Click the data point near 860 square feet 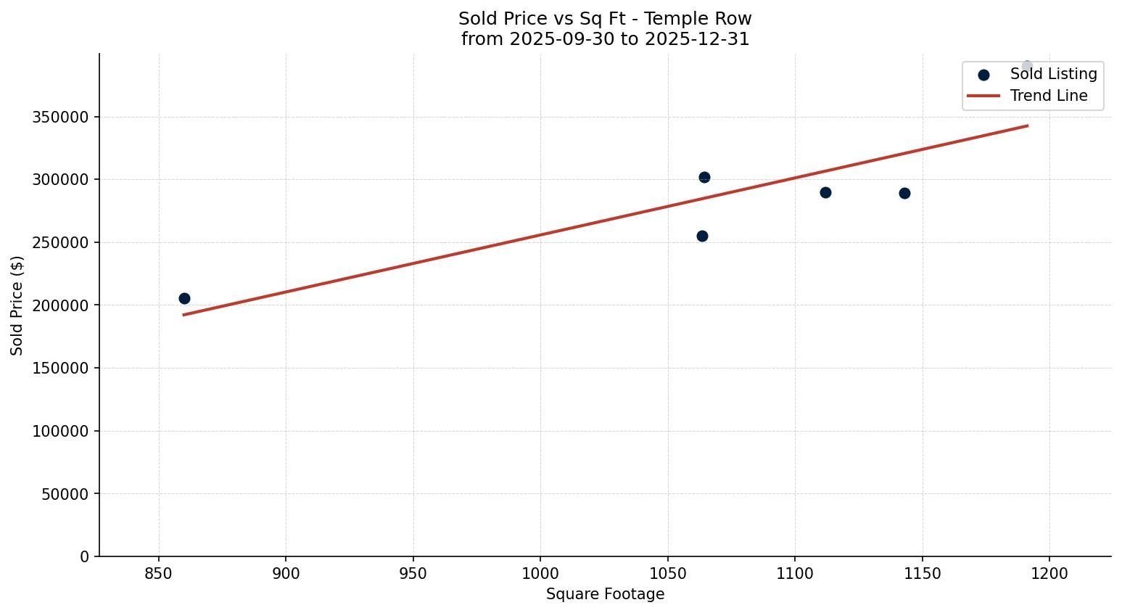click(x=184, y=298)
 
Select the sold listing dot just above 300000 click(x=704, y=177)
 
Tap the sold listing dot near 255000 click(x=702, y=236)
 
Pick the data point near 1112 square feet click(x=825, y=192)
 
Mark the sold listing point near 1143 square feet click(x=904, y=193)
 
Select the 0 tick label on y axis click(x=85, y=556)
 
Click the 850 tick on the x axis click(x=159, y=574)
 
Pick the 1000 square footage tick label click(x=540, y=574)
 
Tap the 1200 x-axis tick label click(x=1049, y=574)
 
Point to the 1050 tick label click(x=667, y=574)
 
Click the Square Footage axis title click(x=605, y=594)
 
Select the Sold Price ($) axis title click(x=17, y=305)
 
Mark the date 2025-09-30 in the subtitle click(x=556, y=39)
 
